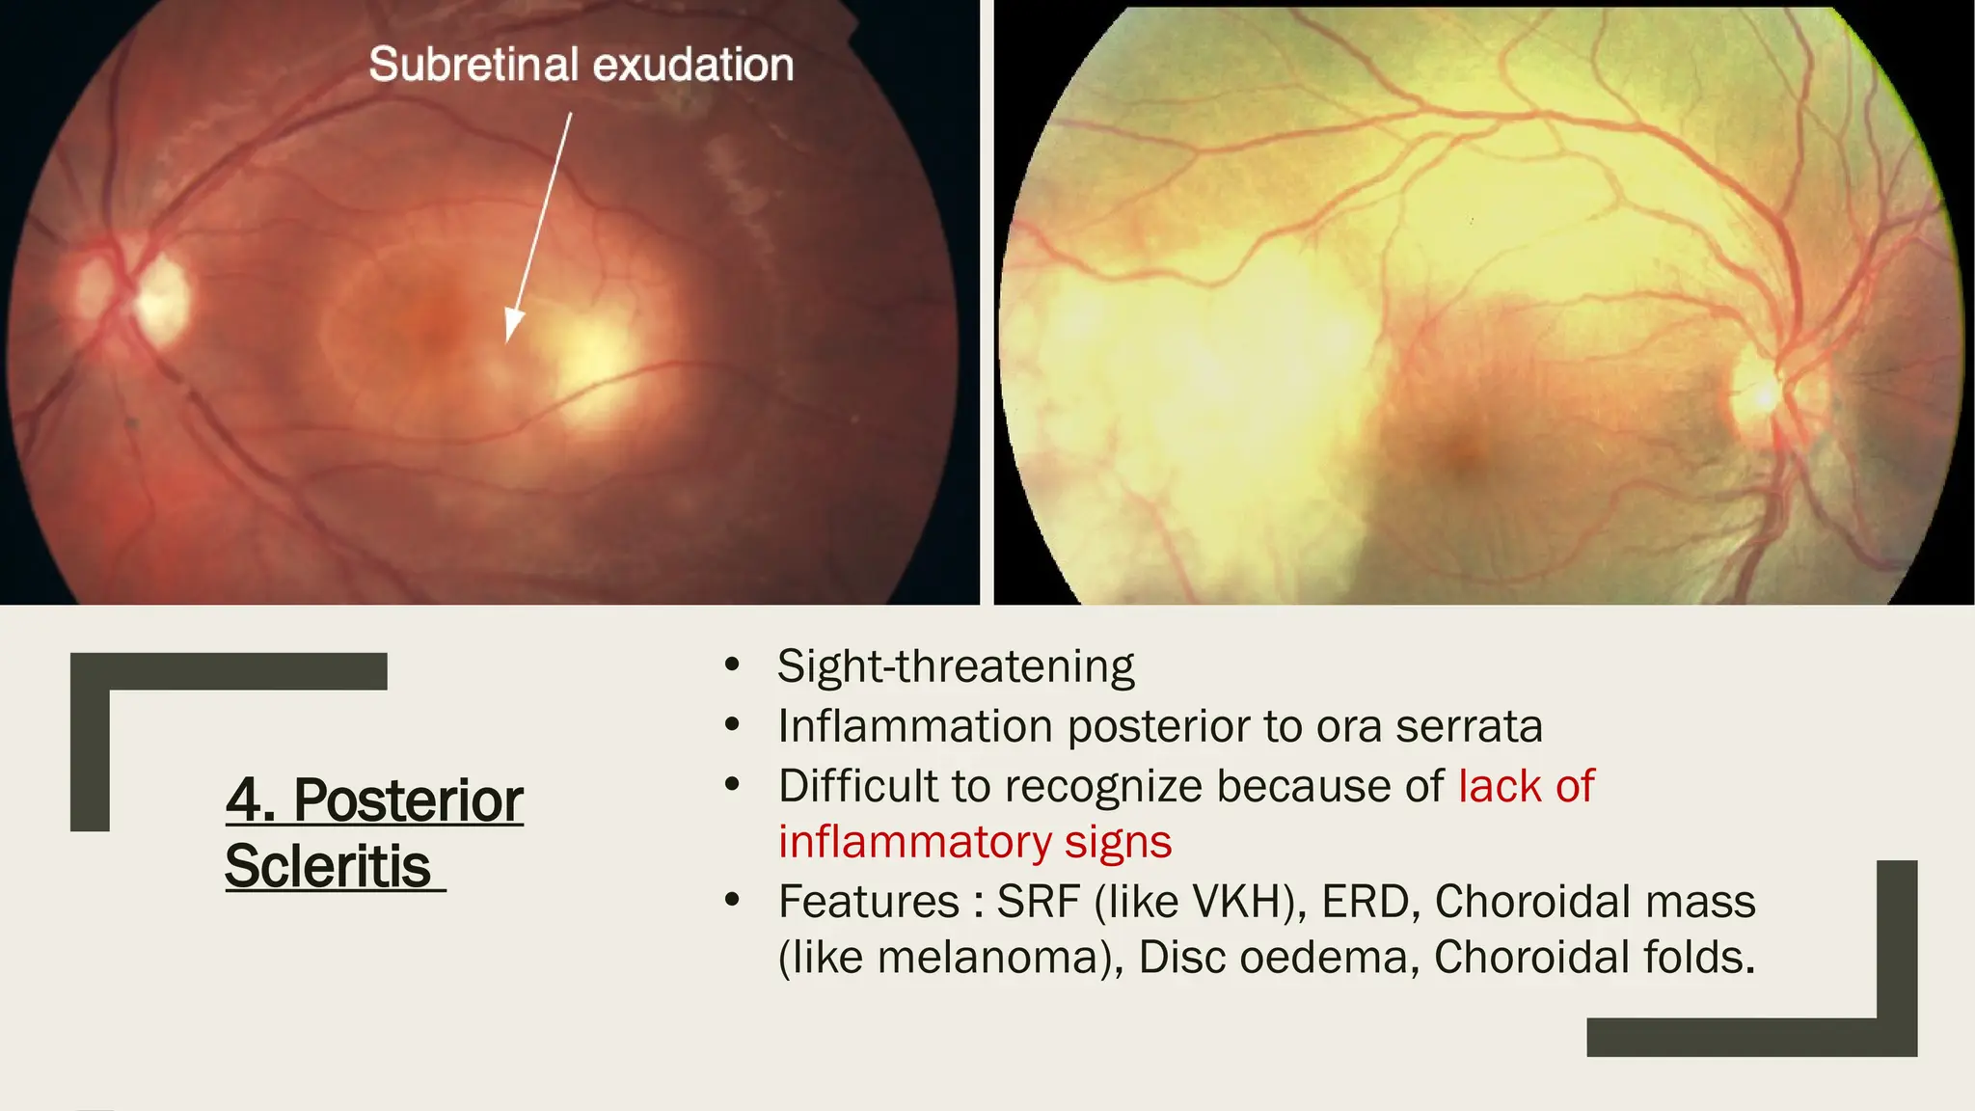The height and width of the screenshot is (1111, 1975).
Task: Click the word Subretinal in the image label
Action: click(x=473, y=66)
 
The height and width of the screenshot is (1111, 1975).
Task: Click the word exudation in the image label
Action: click(x=693, y=66)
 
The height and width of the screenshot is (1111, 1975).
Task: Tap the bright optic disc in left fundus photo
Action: click(x=159, y=297)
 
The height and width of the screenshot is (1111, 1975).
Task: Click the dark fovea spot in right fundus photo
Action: click(x=1463, y=449)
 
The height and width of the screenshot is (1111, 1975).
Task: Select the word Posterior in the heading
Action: click(x=408, y=800)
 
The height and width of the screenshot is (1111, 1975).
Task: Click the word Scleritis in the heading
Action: click(x=328, y=866)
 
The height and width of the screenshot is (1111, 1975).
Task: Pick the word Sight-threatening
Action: click(x=956, y=666)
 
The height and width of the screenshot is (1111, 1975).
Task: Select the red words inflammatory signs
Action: click(x=975, y=842)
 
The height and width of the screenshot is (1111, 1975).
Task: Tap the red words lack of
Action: click(x=1526, y=786)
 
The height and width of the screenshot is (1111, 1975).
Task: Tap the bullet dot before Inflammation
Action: click(x=732, y=725)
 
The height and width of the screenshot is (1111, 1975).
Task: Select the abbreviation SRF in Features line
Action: click(x=1039, y=902)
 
